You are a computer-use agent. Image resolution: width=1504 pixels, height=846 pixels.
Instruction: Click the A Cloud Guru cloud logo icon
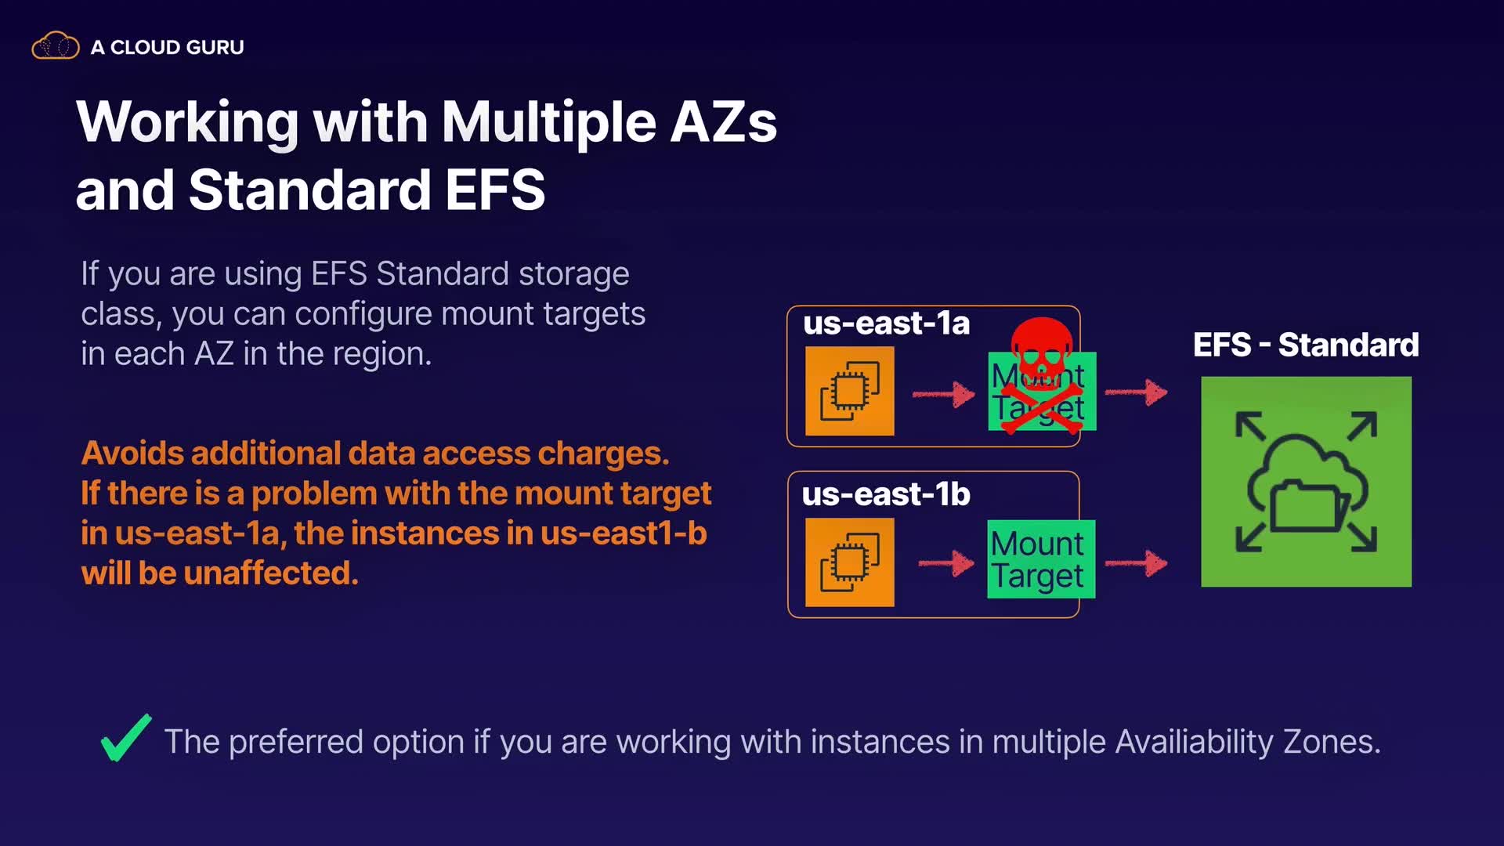pos(56,45)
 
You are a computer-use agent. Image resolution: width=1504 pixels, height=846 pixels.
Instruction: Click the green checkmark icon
pos(126,738)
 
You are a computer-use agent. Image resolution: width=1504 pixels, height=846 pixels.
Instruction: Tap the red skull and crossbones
pos(1042,375)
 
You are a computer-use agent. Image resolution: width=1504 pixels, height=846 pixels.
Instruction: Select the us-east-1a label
pos(886,324)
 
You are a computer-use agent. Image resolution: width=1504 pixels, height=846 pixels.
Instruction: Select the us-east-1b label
pos(886,494)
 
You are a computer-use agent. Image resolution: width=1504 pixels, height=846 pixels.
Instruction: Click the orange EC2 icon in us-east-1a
pos(850,391)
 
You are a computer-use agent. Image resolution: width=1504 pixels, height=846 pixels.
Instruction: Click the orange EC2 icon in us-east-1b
pos(850,562)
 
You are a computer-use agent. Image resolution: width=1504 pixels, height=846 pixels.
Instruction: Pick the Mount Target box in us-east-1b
pos(1041,559)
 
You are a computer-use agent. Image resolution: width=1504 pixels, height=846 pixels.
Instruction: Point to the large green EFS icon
pos(1307,482)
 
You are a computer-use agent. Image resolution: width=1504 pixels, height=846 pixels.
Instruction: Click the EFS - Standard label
pos(1306,345)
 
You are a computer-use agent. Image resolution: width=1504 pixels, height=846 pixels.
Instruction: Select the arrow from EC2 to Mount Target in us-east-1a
pos(944,394)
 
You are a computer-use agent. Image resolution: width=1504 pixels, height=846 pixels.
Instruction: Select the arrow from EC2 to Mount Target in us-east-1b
pos(946,562)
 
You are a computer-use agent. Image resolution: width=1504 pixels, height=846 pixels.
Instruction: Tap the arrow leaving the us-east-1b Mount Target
pos(1136,562)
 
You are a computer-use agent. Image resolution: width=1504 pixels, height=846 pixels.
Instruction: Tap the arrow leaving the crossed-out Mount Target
pos(1136,392)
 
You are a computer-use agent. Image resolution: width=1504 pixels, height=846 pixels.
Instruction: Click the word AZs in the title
pos(724,122)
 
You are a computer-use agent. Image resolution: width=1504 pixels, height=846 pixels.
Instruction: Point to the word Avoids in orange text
pos(132,453)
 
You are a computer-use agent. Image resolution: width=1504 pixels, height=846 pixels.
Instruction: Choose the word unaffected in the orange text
pos(271,573)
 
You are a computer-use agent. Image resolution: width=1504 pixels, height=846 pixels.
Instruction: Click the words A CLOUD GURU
pos(168,47)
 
